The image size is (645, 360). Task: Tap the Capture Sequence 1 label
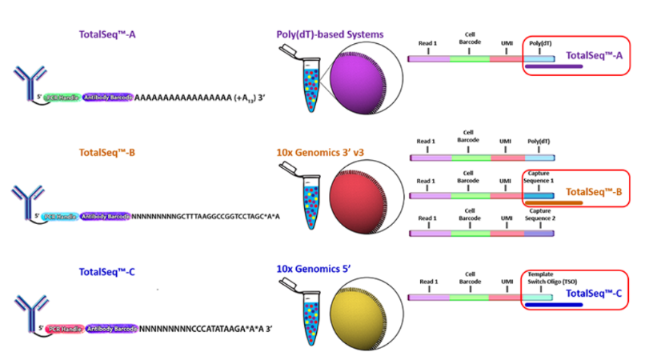(x=539, y=176)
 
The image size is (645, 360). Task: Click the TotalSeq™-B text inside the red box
(x=593, y=192)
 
